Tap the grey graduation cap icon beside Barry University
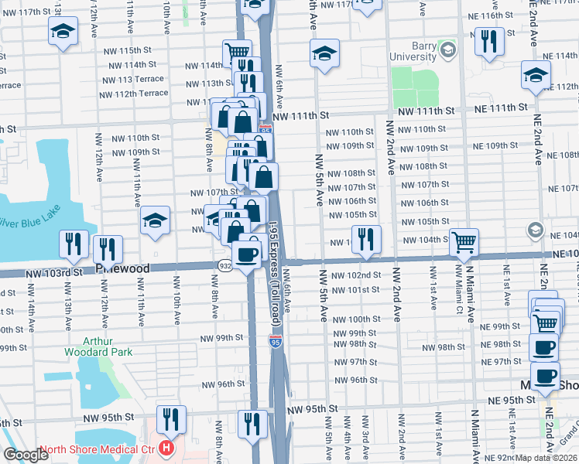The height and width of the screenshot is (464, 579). pyautogui.click(x=447, y=50)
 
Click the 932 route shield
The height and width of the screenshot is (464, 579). pyautogui.click(x=224, y=264)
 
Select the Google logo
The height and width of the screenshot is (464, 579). pyautogui.click(x=26, y=455)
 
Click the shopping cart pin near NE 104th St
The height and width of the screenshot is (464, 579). pyautogui.click(x=464, y=242)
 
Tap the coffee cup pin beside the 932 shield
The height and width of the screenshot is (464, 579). pyautogui.click(x=247, y=254)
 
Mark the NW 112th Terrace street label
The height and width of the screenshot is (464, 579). pyautogui.click(x=133, y=94)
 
